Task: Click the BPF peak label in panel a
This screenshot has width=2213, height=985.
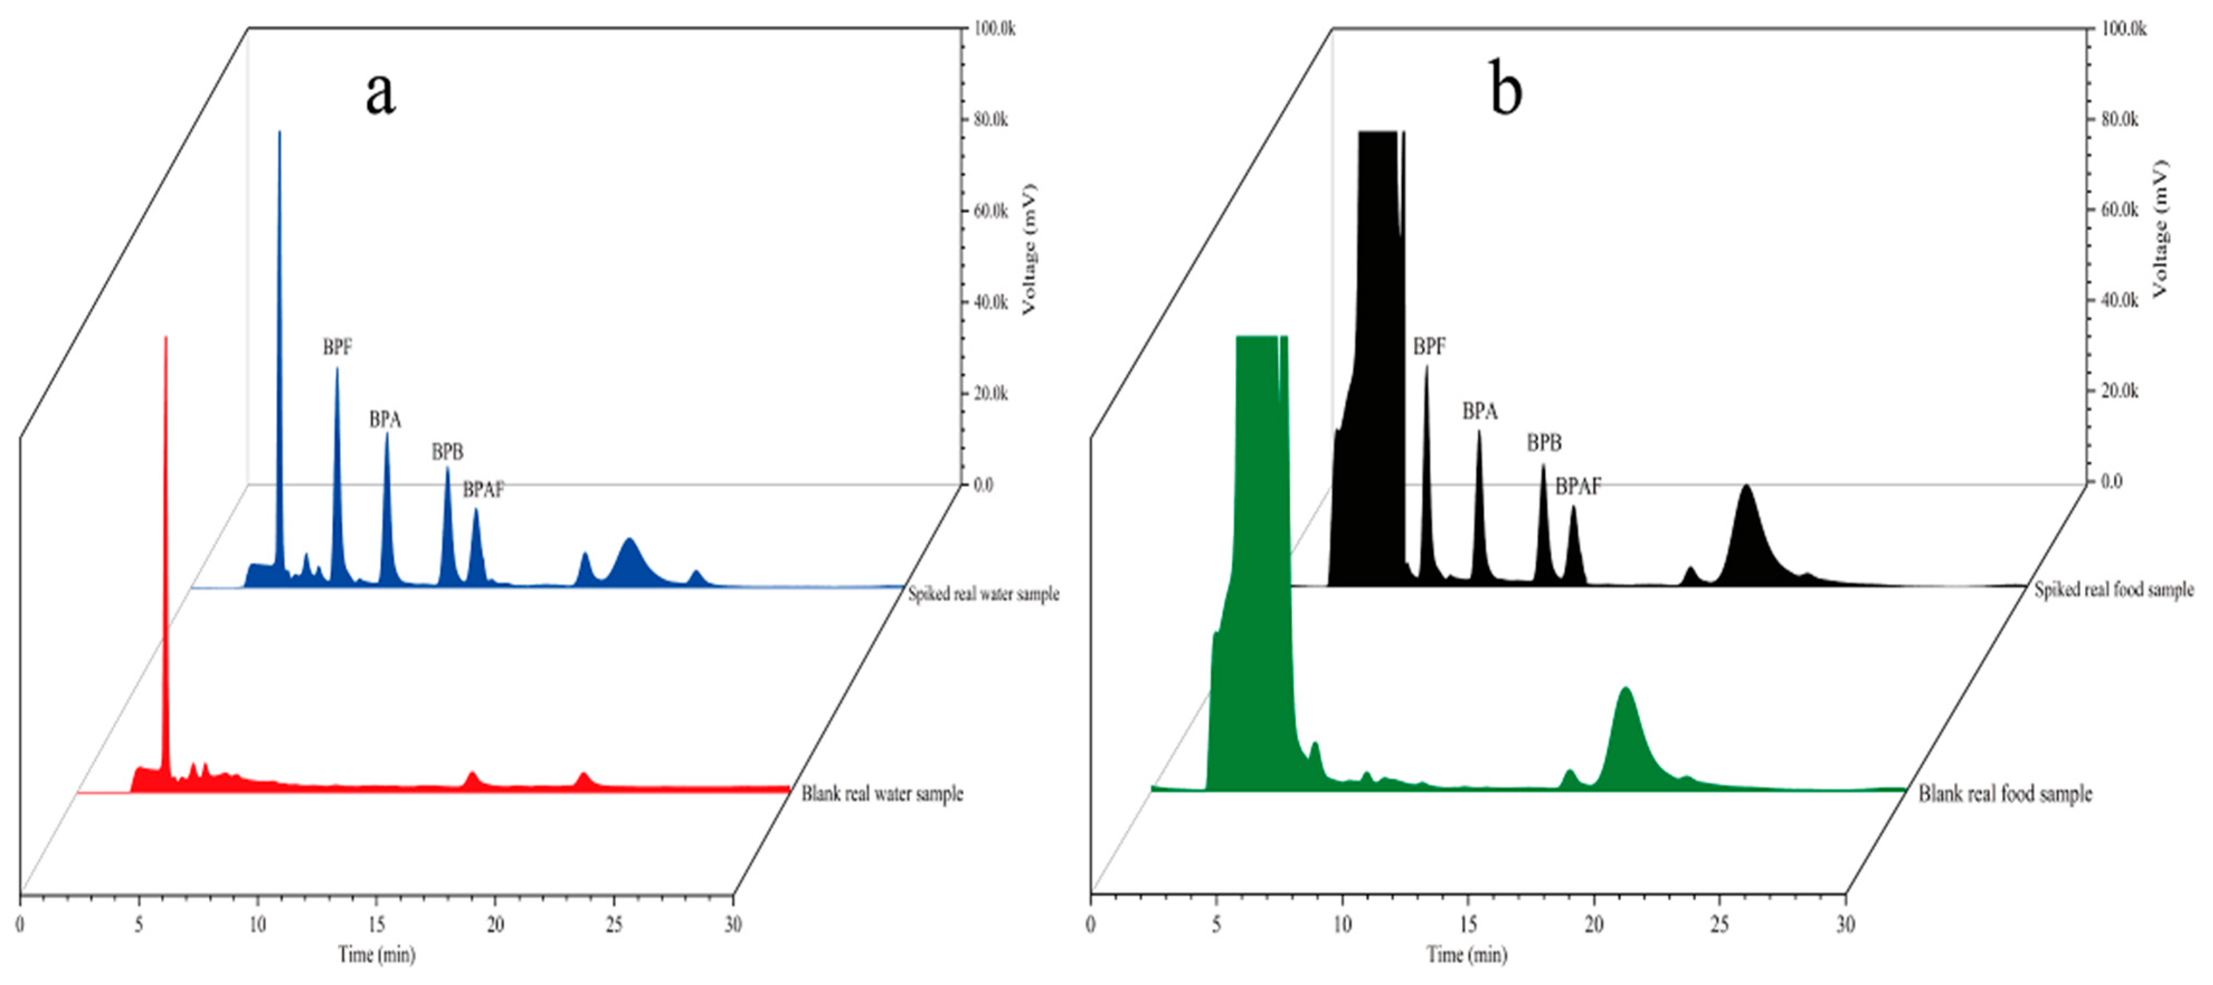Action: tap(337, 348)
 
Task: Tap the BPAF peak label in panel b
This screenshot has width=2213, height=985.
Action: tap(1578, 487)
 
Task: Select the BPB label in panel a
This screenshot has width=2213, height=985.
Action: tap(447, 451)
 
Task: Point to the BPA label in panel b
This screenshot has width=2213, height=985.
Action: tap(1479, 412)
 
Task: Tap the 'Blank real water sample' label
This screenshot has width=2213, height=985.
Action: tap(882, 793)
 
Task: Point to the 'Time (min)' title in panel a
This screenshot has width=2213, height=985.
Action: tap(376, 954)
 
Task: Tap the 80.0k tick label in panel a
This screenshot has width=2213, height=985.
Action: tap(990, 120)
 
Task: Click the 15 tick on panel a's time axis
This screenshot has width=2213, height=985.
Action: tap(376, 925)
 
